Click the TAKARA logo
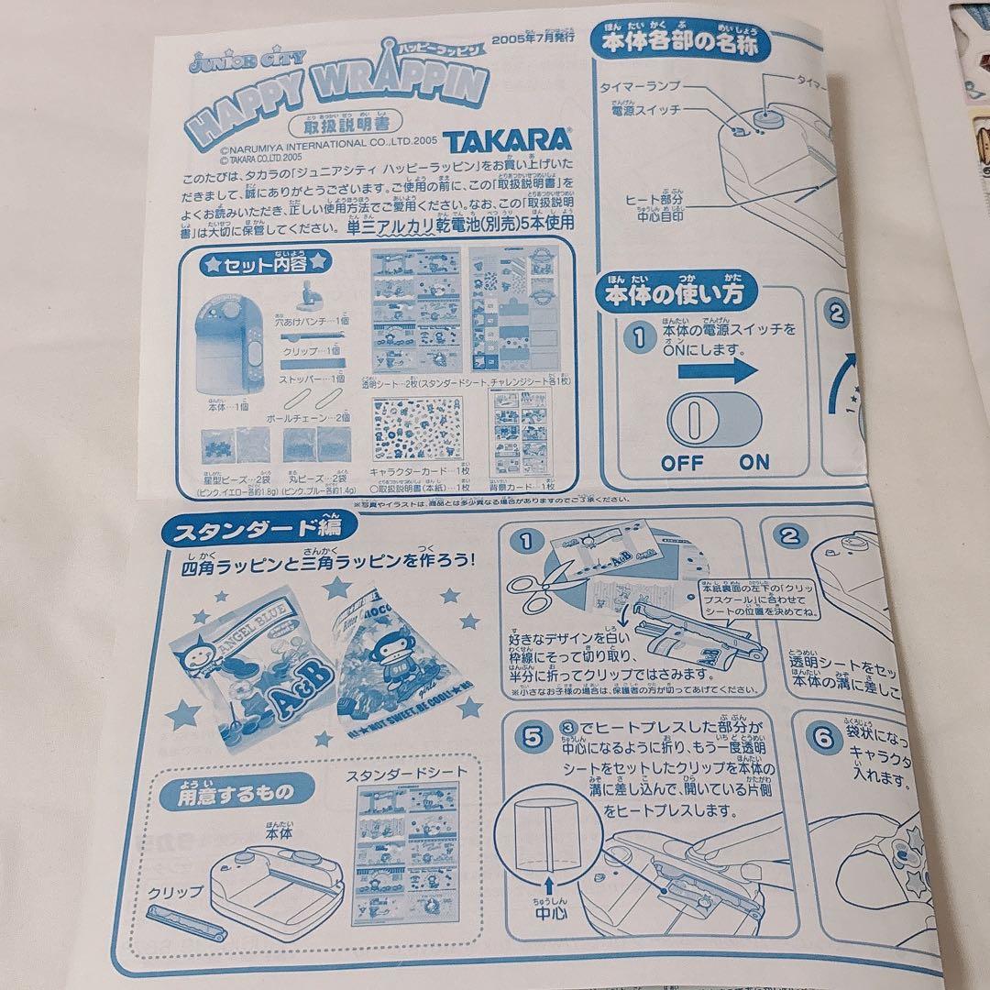pos(508,142)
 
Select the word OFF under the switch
pos(683,463)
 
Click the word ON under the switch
pos(754,463)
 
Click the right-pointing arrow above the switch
pos(719,372)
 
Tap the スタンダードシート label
pos(406,775)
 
